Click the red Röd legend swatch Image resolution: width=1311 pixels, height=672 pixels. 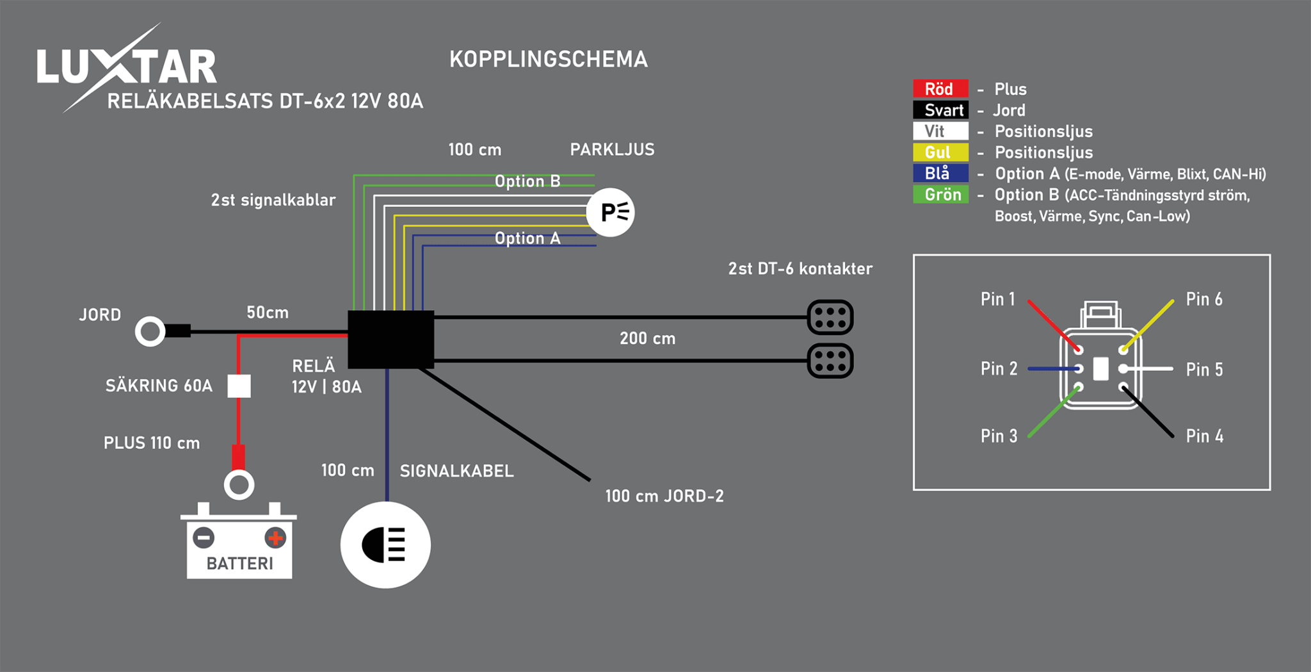[x=940, y=88]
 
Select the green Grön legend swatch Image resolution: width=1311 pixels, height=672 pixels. [x=940, y=194]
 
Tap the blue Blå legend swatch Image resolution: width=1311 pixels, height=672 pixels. [x=940, y=173]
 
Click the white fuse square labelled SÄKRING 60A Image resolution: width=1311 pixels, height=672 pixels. [x=239, y=386]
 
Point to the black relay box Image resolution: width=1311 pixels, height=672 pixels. [x=390, y=340]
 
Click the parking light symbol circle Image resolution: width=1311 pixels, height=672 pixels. [x=611, y=212]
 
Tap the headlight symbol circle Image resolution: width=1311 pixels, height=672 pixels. [x=385, y=545]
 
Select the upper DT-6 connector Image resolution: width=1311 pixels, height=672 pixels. [x=830, y=317]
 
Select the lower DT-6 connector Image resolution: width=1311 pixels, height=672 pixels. [x=830, y=361]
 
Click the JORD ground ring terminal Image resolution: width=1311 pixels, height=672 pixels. [x=150, y=331]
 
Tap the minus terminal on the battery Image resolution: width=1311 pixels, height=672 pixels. [x=204, y=537]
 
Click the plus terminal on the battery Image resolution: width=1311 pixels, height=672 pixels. [x=275, y=537]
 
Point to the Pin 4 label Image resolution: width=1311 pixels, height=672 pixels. [x=1204, y=436]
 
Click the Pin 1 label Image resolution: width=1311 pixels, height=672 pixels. [x=997, y=299]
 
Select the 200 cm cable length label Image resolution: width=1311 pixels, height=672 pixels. [x=647, y=338]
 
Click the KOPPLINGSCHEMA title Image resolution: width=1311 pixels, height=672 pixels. [x=548, y=60]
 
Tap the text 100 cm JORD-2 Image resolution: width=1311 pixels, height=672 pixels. [x=664, y=496]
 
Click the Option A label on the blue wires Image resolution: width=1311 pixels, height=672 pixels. [x=527, y=238]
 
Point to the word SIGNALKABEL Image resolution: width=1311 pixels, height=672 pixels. [x=456, y=471]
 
